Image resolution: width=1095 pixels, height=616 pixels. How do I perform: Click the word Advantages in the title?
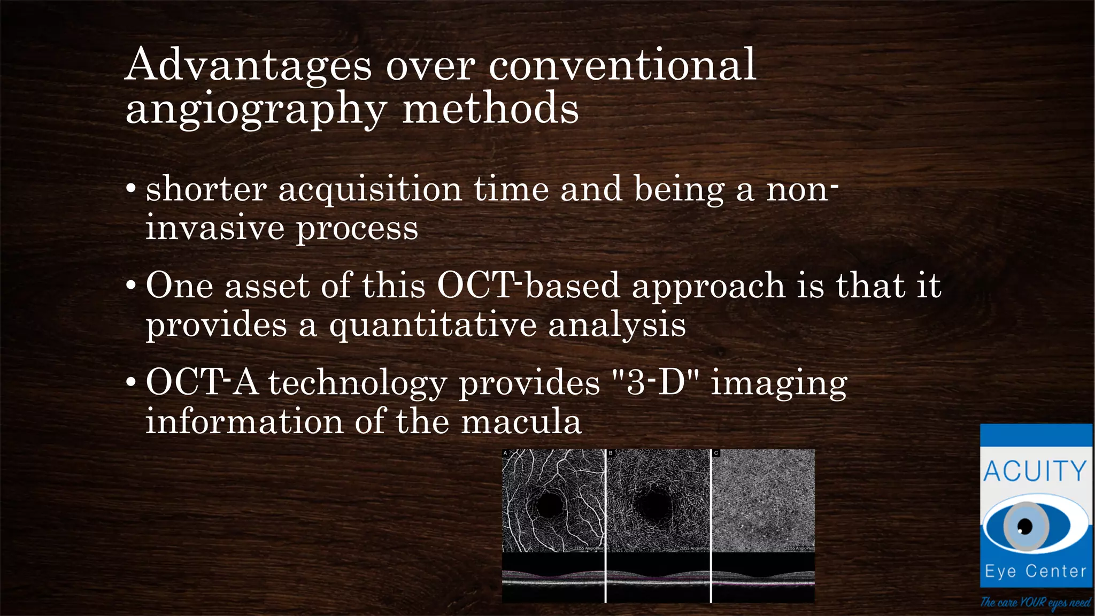click(x=248, y=65)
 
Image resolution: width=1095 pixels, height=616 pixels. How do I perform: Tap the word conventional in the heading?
click(x=622, y=65)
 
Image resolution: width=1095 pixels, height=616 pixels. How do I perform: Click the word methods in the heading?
click(x=490, y=109)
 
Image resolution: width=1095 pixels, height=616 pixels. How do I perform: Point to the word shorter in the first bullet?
click(x=206, y=189)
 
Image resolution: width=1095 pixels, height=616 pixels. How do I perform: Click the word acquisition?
click(x=370, y=189)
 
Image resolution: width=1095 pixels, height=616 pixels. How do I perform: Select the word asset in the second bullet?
click(x=266, y=286)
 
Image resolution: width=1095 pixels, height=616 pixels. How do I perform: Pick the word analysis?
click(x=617, y=325)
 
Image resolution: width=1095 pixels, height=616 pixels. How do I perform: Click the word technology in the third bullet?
click(x=357, y=383)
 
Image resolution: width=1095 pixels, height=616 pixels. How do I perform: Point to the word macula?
click(x=521, y=422)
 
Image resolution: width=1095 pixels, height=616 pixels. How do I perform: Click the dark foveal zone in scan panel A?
click(x=549, y=504)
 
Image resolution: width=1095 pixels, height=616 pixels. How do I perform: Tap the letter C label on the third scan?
click(x=716, y=453)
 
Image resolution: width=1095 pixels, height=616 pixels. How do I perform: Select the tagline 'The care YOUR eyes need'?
click(x=1035, y=603)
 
